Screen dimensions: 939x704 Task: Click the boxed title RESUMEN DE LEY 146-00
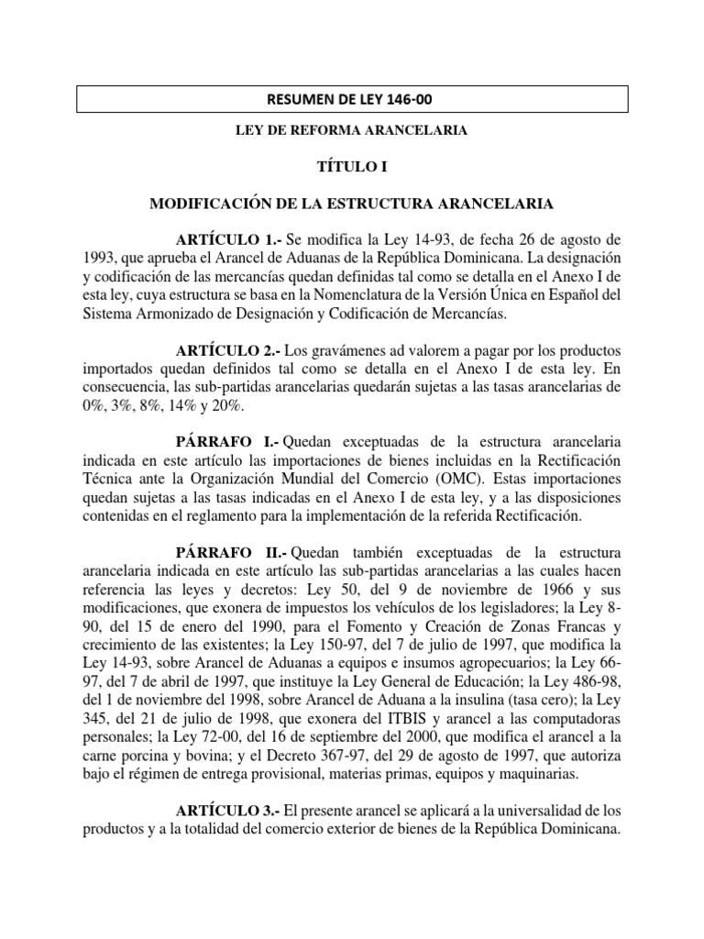[351, 98]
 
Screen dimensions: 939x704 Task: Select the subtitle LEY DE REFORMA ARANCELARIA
[352, 131]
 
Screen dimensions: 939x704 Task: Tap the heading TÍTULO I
[352, 166]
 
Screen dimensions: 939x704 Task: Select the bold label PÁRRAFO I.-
[217, 445]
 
